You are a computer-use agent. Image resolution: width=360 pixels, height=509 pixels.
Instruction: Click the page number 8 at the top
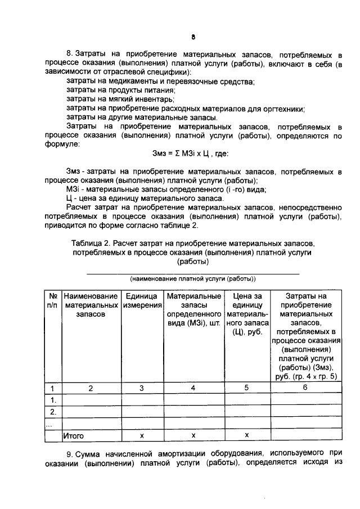[x=192, y=38]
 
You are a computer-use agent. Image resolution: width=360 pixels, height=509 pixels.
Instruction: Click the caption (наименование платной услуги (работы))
[x=192, y=278]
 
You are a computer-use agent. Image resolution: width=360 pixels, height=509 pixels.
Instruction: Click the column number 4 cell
[x=193, y=388]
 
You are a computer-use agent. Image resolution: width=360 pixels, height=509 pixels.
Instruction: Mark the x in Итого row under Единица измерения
[x=141, y=435]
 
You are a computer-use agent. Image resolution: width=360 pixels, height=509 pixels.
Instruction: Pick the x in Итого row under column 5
[x=246, y=435]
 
